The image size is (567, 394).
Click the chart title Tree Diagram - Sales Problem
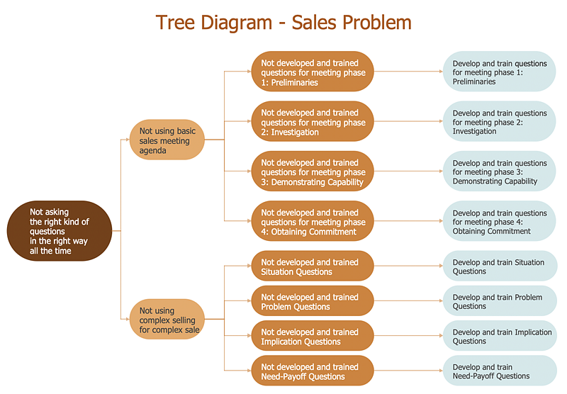pos(283,22)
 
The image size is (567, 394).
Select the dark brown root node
pos(60,231)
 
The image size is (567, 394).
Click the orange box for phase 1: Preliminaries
pos(313,72)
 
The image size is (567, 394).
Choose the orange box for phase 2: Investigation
pos(313,122)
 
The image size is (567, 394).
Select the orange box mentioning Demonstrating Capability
pos(313,171)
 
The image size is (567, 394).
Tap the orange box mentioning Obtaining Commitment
pos(313,221)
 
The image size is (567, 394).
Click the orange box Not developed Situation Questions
pos(313,266)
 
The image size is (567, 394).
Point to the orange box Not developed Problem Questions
pos(313,301)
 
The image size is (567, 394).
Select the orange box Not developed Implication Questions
pos(313,336)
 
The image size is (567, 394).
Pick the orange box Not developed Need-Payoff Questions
pos(313,371)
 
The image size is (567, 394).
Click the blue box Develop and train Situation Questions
pos(500,266)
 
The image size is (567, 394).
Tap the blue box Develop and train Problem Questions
pos(500,301)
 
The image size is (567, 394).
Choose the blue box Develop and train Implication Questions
pos(500,336)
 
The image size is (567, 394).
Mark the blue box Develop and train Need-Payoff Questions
pos(500,371)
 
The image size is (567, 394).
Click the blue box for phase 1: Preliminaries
pos(500,72)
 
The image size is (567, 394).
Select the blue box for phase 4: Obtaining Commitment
pos(500,221)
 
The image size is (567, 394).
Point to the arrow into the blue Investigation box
pos(408,122)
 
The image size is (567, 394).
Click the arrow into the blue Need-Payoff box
pos(408,371)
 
